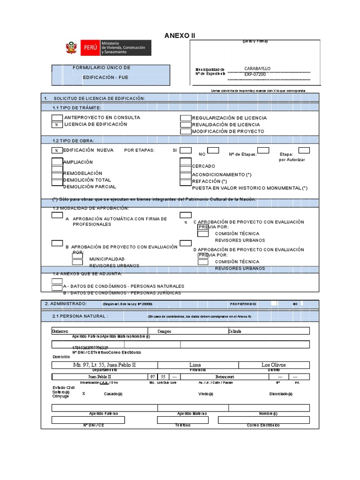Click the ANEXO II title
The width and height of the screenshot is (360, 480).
coord(179,36)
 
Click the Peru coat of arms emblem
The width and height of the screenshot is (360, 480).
coord(71,48)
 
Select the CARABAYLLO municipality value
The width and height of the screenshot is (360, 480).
coord(257,68)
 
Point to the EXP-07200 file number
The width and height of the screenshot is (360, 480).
coord(255,75)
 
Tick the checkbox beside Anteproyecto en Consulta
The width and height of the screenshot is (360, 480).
coord(56,118)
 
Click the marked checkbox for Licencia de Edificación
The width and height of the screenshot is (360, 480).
coord(56,125)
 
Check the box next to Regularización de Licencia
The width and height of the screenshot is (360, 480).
coord(186,118)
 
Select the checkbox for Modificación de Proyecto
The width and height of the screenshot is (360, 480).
coord(186,132)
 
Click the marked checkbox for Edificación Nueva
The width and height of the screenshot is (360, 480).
coord(56,150)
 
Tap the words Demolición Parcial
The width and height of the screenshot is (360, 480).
coord(90,187)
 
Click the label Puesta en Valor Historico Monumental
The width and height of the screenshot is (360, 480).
coord(249,188)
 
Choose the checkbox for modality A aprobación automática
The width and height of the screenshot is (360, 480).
coord(57,215)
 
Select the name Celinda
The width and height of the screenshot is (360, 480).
coord(234,331)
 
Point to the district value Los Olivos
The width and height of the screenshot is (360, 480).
coord(273,365)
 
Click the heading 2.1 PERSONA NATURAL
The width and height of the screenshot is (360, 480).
coord(81,316)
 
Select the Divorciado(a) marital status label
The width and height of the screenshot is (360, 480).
coord(281,394)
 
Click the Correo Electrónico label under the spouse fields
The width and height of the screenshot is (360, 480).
coord(263,425)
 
